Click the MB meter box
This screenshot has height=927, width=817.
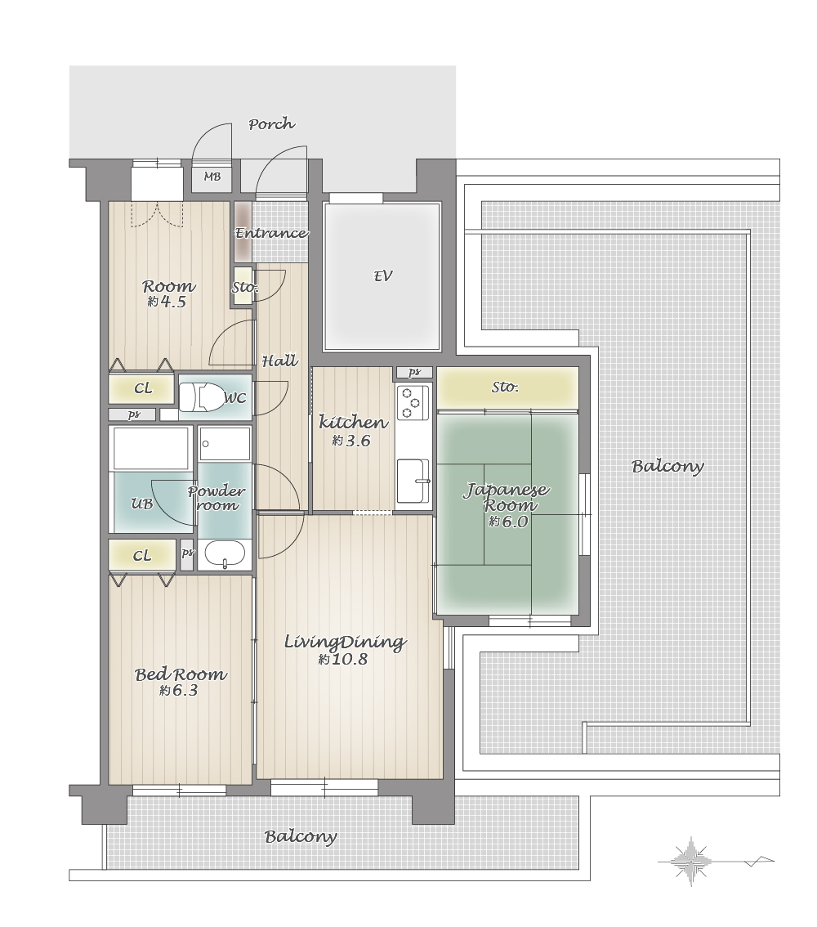[x=212, y=177]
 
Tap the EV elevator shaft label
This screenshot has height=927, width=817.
[x=383, y=276]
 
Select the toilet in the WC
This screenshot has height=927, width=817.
[x=199, y=397]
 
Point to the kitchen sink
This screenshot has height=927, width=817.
[x=413, y=480]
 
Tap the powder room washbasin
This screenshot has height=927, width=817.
[x=225, y=554]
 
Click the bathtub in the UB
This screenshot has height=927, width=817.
[x=150, y=449]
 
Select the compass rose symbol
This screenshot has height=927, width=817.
[x=692, y=862]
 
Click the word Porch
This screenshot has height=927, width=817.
[x=271, y=124]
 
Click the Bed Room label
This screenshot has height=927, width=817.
[x=181, y=674]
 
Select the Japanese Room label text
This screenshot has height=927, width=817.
[x=507, y=497]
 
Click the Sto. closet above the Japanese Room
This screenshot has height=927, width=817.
[x=507, y=387]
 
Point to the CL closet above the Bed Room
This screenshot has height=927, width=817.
[x=142, y=555]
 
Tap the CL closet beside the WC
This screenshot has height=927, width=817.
[x=142, y=388]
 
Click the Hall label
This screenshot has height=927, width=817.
[x=279, y=360]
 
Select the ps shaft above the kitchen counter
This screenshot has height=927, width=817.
[x=414, y=373]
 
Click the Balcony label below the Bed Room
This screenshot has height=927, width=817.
[x=301, y=836]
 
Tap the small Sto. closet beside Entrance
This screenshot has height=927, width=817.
[x=242, y=287]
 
